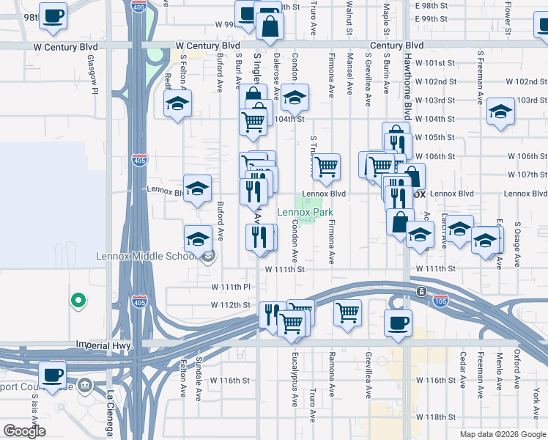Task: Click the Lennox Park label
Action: click(x=309, y=213)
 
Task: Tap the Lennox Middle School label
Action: click(x=147, y=257)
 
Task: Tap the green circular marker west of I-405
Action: click(x=76, y=300)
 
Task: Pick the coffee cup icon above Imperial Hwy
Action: click(x=398, y=322)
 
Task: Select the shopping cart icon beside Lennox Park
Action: click(x=327, y=166)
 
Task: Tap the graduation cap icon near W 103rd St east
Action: click(x=501, y=111)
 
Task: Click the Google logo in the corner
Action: click(x=24, y=430)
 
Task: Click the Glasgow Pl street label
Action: click(x=93, y=74)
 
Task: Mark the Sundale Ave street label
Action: click(x=198, y=378)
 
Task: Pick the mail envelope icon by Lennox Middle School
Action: click(x=209, y=256)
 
